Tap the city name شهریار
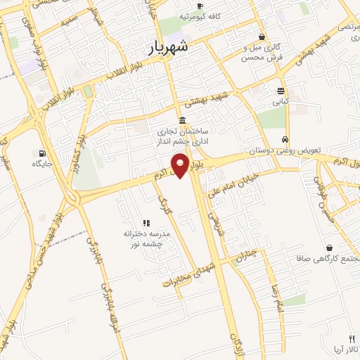(x=169, y=46)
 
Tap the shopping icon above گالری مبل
(x=262, y=37)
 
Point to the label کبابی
(x=281, y=101)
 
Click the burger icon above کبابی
(x=281, y=91)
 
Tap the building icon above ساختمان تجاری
(x=183, y=120)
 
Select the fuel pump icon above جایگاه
(x=42, y=153)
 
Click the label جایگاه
(x=42, y=164)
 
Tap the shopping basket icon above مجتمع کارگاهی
(x=330, y=247)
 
